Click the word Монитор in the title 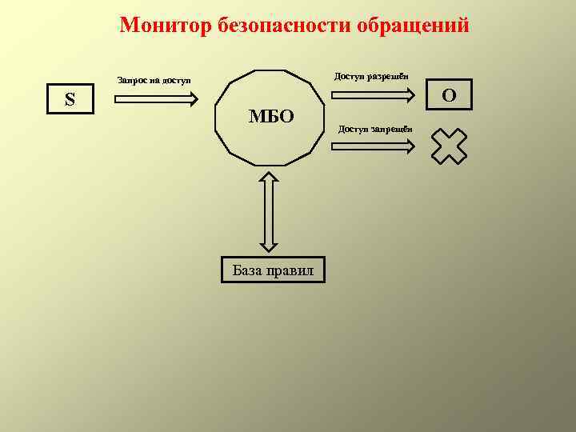coord(164,26)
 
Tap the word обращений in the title coord(427,26)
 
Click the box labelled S coord(70,100)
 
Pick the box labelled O coord(449,94)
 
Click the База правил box coord(273,270)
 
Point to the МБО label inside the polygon coord(271,117)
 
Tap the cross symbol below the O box coord(449,146)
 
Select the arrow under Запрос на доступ coord(157,99)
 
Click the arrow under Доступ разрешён coord(374,95)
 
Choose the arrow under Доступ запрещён coord(374,146)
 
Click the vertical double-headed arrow coord(270,212)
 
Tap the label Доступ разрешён coord(371,76)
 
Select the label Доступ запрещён coord(375,128)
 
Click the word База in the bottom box coord(248,270)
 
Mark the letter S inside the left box coord(70,100)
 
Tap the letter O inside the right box coord(449,95)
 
